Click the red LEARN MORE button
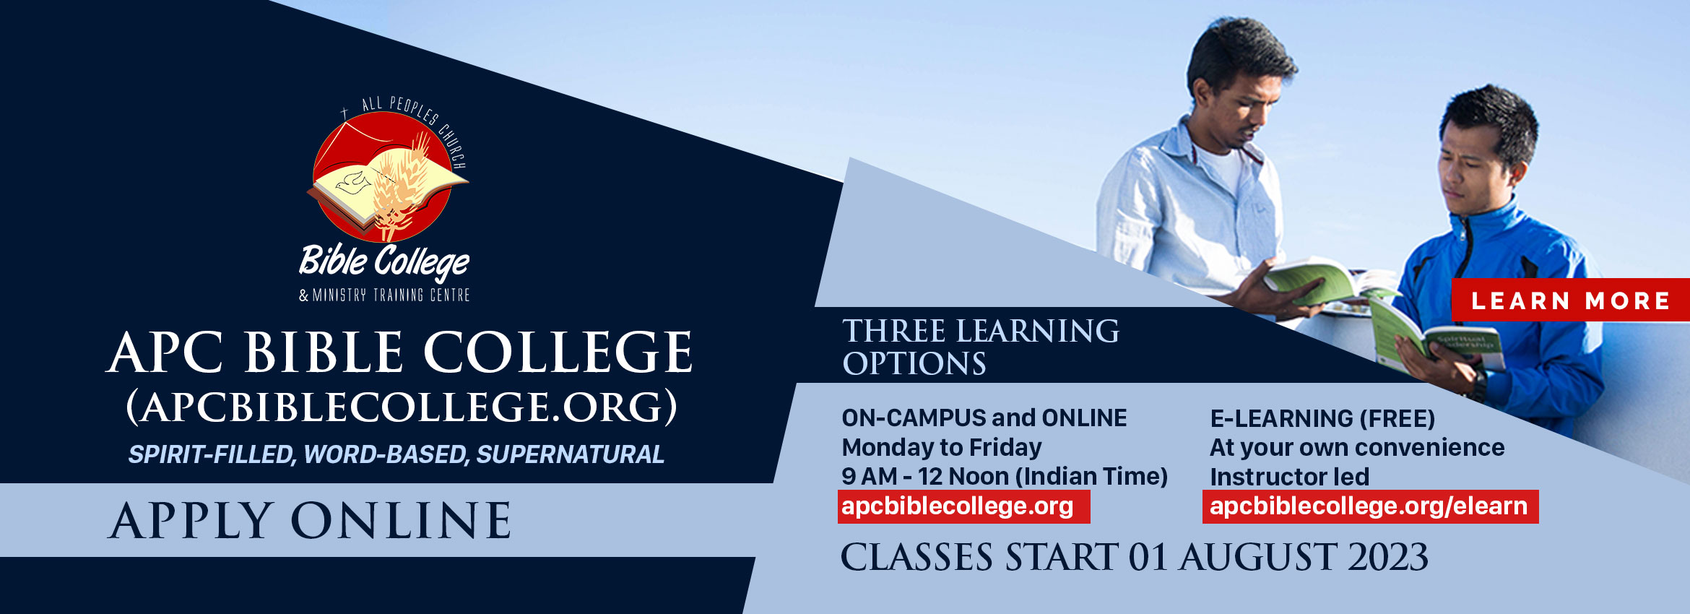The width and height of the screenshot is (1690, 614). tap(1571, 300)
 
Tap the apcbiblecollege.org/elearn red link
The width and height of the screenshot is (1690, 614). tap(1370, 506)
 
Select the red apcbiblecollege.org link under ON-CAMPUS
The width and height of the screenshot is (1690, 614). tap(963, 506)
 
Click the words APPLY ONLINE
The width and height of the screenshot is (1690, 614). tap(310, 521)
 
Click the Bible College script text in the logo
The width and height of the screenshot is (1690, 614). tap(384, 261)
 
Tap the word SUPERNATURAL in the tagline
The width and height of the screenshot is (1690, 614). tap(570, 454)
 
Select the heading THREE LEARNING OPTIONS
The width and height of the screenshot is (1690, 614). tap(981, 347)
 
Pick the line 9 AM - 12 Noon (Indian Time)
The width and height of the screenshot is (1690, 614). tap(1005, 477)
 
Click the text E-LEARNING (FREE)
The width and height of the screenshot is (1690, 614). tap(1322, 418)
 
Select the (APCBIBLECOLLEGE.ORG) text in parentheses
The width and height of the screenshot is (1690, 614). tap(402, 407)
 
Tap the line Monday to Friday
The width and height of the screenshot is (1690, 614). tap(942, 448)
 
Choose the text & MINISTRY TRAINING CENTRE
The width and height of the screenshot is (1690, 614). tap(384, 295)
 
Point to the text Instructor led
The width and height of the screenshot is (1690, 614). tap(1289, 477)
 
